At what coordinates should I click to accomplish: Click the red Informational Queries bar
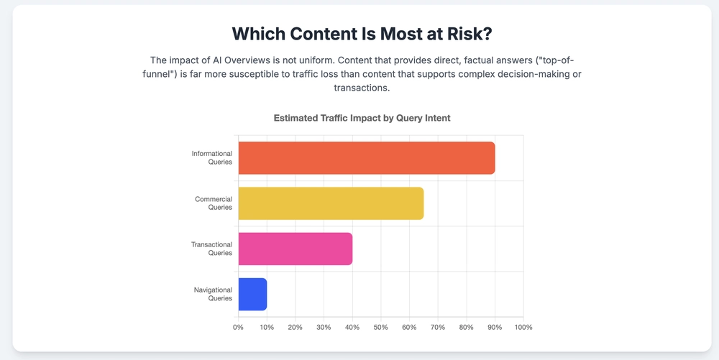pos(366,158)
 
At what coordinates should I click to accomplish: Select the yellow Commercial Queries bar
pos(331,203)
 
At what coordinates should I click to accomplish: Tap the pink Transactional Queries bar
pos(295,249)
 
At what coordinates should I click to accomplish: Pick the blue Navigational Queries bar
pos(252,295)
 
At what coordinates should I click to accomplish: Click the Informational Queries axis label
pos(211,157)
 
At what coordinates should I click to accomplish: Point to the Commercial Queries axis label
pos(214,203)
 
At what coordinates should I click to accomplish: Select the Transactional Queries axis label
pos(211,249)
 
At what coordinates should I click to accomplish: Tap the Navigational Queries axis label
pos(213,294)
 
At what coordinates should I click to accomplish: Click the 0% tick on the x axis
pos(238,328)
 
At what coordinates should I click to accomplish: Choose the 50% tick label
pos(380,328)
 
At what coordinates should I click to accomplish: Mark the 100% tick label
pos(523,328)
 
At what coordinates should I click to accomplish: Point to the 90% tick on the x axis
pos(495,328)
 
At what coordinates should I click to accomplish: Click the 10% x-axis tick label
pos(267,328)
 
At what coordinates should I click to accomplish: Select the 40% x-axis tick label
pos(352,328)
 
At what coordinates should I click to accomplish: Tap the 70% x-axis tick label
pos(438,328)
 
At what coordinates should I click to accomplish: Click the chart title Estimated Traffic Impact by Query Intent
pos(362,118)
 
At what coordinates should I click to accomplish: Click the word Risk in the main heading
pos(462,34)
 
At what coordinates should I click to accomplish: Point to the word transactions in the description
pos(362,88)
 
